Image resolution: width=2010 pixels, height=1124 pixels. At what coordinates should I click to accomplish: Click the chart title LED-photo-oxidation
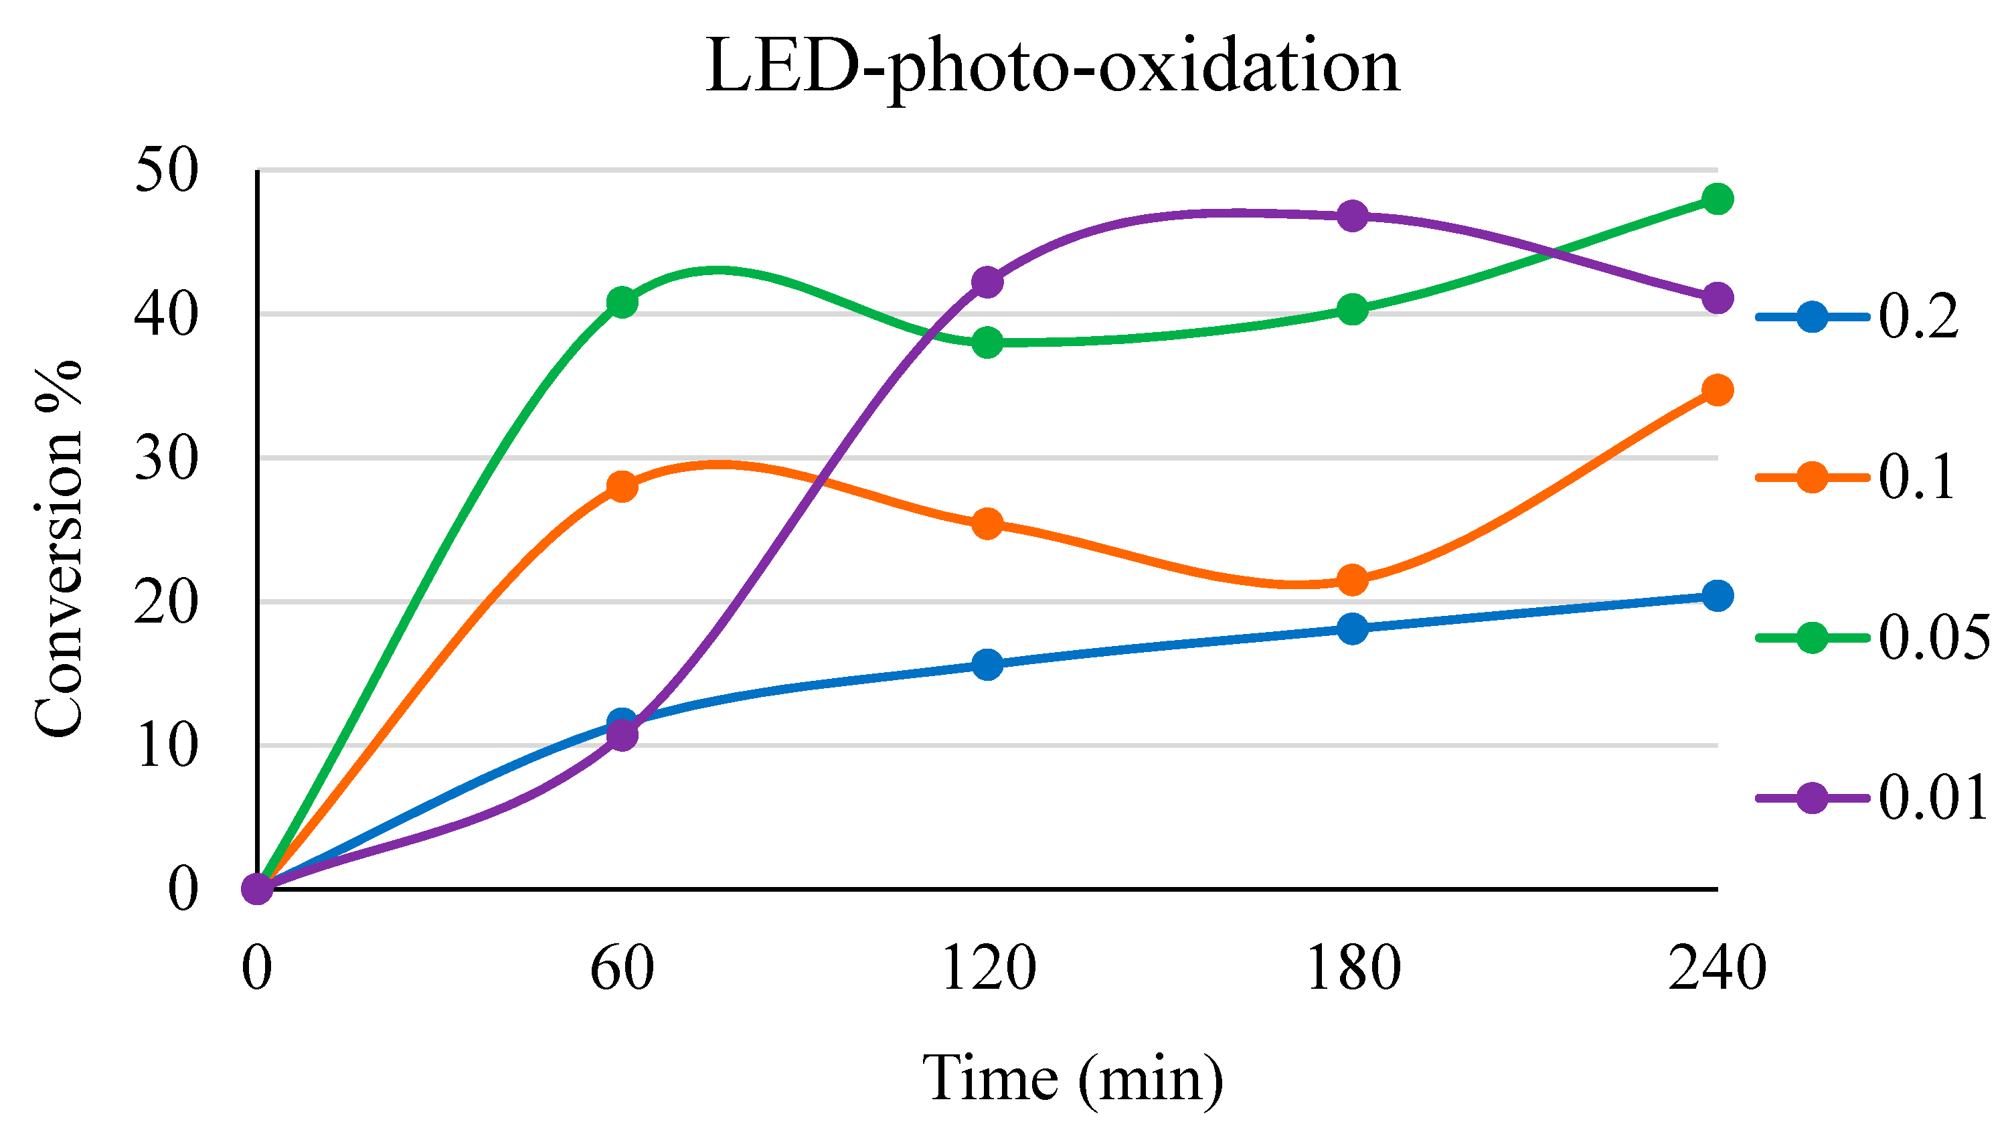1052,69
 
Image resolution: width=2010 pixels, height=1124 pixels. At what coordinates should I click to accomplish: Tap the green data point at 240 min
1717,199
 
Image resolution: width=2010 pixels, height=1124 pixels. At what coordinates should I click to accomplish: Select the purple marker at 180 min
1352,216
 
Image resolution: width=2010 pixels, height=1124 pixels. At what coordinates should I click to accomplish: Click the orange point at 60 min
622,486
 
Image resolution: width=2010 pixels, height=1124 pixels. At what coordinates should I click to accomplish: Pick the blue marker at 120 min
987,664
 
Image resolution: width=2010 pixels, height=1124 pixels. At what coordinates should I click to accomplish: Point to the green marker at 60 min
622,302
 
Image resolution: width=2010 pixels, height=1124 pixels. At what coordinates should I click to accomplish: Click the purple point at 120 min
987,281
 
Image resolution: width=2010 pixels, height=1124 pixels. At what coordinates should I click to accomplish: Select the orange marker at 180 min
1352,580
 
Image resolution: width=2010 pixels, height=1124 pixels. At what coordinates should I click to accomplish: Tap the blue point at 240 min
1717,596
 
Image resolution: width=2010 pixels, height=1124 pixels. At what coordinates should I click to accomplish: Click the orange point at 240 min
1717,390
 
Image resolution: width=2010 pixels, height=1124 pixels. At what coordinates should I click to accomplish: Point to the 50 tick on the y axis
166,171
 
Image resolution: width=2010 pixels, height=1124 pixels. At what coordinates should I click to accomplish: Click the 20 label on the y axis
166,602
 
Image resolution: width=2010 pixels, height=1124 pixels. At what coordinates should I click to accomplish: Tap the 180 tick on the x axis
1352,968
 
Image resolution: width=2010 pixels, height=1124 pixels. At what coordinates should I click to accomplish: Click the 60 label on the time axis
622,968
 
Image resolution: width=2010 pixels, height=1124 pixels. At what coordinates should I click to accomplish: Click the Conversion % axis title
58,549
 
